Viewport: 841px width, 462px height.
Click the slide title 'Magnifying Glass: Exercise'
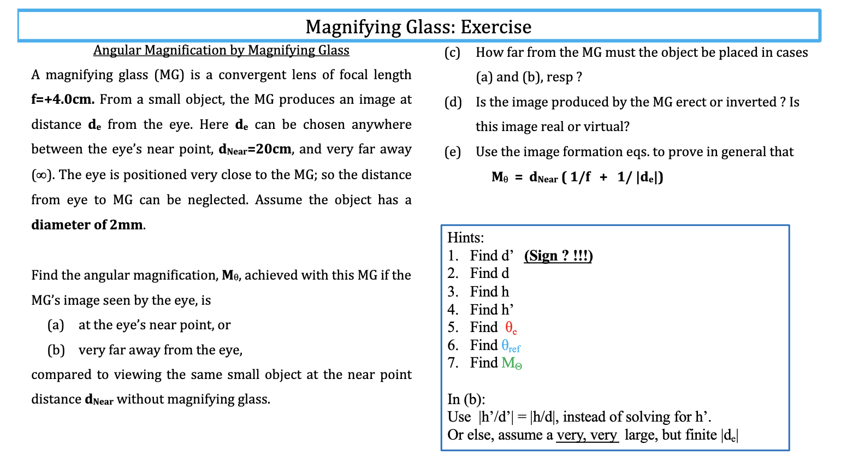pyautogui.click(x=418, y=27)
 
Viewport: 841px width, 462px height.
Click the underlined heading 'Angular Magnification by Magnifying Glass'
pyautogui.click(x=221, y=50)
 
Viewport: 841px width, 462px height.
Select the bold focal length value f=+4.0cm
pyautogui.click(x=63, y=99)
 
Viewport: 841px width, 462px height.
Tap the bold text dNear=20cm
pyautogui.click(x=255, y=150)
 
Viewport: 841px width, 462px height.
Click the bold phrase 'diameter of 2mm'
pyautogui.click(x=87, y=225)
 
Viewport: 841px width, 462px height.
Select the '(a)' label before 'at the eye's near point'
pyautogui.click(x=56, y=325)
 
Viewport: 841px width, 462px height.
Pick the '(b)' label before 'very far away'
pyautogui.click(x=56, y=350)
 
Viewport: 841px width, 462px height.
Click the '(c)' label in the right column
pyautogui.click(x=452, y=52)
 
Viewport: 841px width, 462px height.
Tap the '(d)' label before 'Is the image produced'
pyautogui.click(x=453, y=102)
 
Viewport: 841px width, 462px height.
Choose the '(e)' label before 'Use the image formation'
pyautogui.click(x=452, y=152)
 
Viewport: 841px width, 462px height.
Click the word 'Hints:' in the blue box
pyautogui.click(x=466, y=238)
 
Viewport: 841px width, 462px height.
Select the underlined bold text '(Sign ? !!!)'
pyautogui.click(x=558, y=256)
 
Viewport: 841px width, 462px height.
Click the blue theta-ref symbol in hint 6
pyautogui.click(x=511, y=346)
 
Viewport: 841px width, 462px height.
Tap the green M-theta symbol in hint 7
pyautogui.click(x=512, y=363)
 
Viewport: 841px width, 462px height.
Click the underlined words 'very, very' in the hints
pyautogui.click(x=587, y=435)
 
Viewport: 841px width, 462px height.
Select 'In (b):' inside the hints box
pyautogui.click(x=466, y=399)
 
